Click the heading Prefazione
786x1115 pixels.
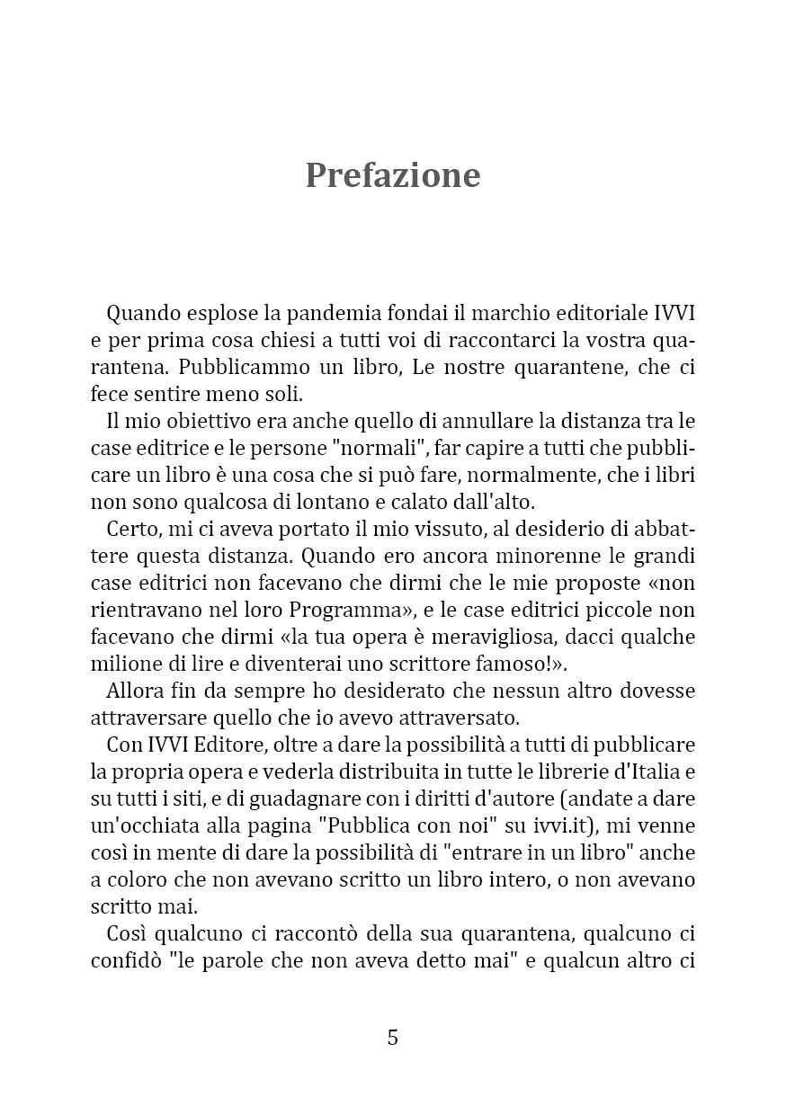(393, 174)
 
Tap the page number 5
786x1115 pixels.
(393, 1038)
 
